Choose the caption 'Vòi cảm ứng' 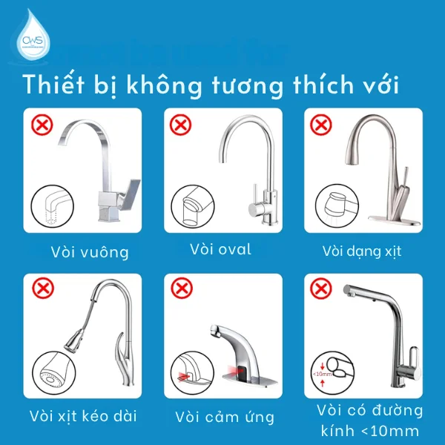pos(225,416)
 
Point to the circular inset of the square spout pos(53,208)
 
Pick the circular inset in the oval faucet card pos(191,207)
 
